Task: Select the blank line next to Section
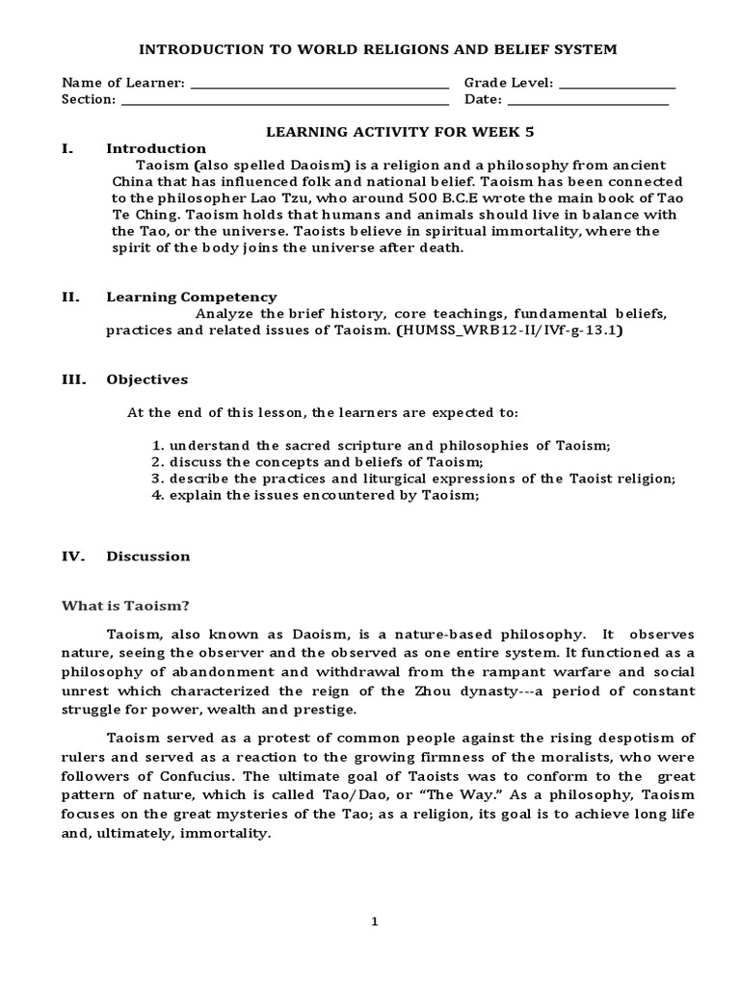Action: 284,100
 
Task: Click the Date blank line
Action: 588,100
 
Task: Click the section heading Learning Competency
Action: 191,298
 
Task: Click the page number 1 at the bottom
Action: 375,921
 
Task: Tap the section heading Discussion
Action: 147,556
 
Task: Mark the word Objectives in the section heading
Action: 146,379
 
